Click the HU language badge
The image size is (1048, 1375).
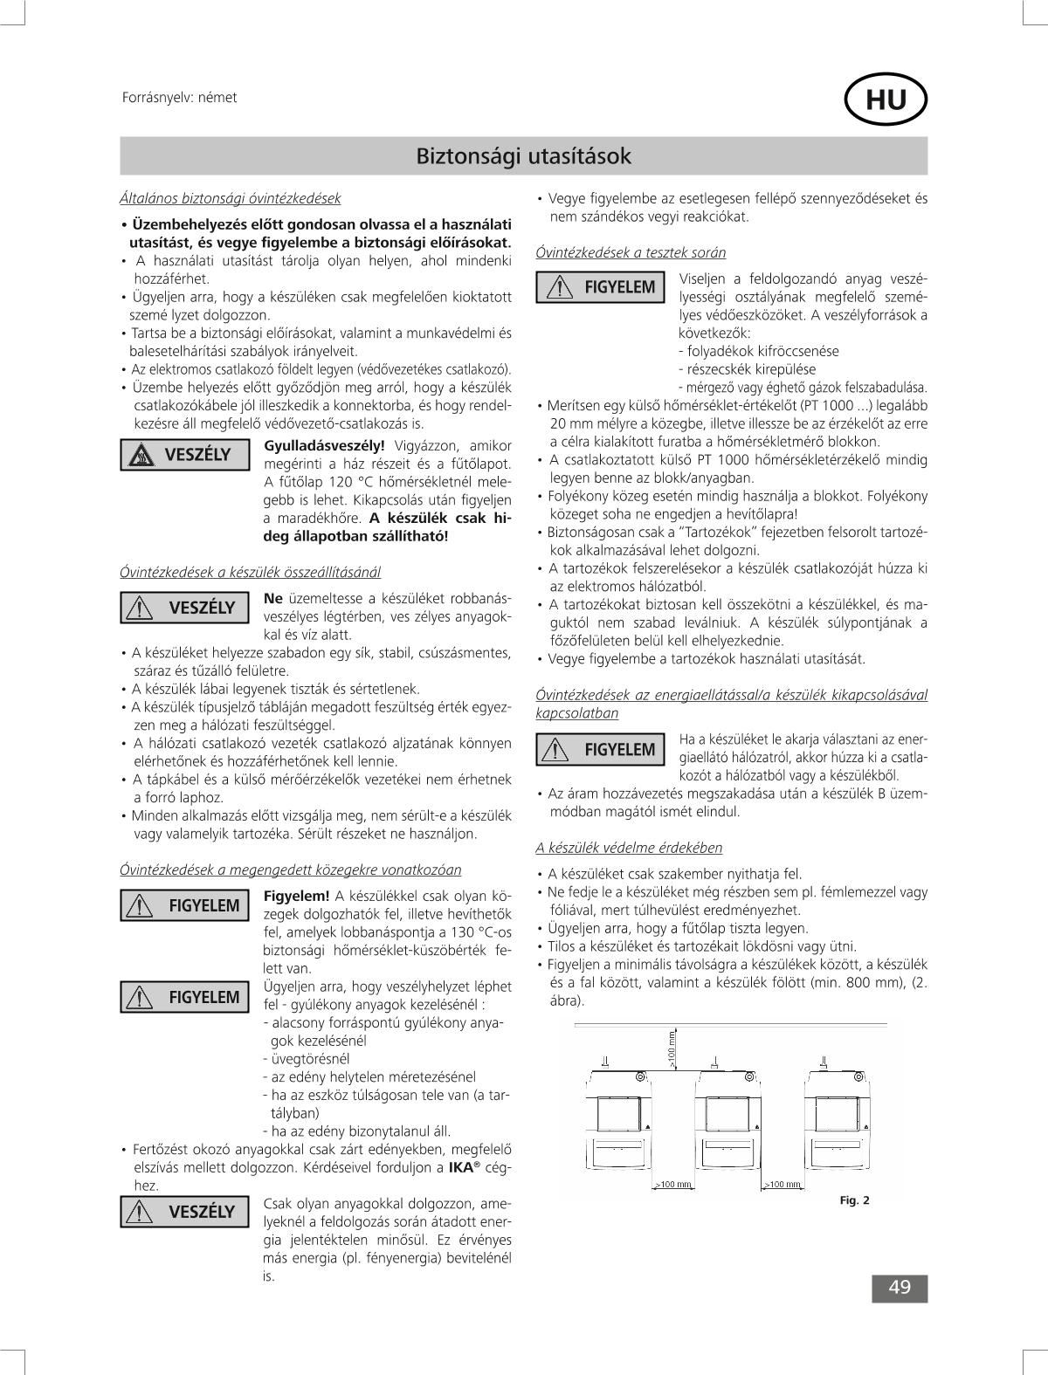tap(886, 101)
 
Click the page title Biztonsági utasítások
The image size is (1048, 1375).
tap(523, 156)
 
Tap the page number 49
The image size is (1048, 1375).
tap(900, 1288)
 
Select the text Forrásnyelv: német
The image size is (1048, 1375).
tap(179, 98)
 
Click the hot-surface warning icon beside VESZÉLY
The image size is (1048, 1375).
tap(139, 454)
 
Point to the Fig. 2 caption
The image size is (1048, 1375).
tap(854, 1200)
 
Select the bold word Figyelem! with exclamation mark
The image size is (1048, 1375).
tap(296, 896)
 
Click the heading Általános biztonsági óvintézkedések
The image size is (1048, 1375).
tap(230, 198)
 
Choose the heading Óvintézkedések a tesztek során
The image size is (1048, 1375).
tap(631, 252)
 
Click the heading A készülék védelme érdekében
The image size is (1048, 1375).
tap(629, 848)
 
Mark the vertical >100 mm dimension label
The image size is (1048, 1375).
tap(672, 1048)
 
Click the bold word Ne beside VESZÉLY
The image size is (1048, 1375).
tap(272, 598)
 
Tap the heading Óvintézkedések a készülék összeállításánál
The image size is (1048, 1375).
tap(250, 572)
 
